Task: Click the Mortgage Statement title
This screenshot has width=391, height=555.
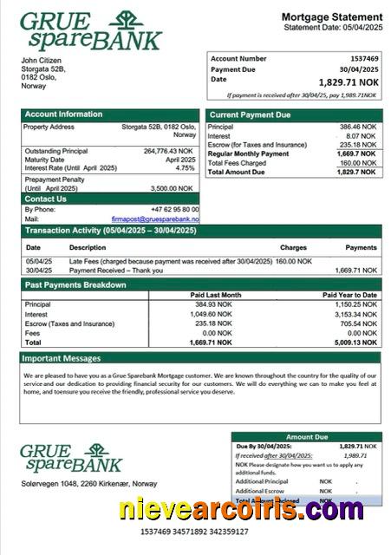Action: [x=332, y=17]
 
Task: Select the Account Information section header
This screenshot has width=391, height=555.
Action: [x=63, y=114]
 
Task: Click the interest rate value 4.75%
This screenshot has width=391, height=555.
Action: [x=186, y=168]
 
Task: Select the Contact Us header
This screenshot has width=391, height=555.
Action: [x=46, y=199]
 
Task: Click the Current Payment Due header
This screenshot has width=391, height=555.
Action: [x=251, y=114]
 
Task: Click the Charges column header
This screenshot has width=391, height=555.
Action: [x=293, y=247]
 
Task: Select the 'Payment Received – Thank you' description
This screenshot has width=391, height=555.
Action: [x=115, y=270]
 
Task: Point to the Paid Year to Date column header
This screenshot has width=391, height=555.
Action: [x=349, y=295]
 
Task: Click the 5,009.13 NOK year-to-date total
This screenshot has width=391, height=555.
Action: [x=355, y=343]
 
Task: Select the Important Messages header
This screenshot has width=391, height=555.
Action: [x=62, y=357]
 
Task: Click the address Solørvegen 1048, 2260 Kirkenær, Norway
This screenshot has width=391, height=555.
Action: [x=89, y=483]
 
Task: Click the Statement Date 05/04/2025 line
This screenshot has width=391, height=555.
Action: [x=333, y=28]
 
